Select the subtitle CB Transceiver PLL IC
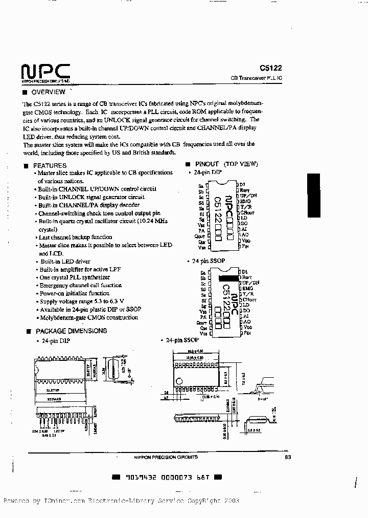pos(260,78)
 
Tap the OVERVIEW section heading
pos(48,92)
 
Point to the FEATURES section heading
pos(50,165)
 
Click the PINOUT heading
pos(207,164)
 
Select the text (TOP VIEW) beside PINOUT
pos(242,164)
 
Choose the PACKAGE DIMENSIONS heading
pos(71,331)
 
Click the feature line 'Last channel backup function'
pos(75,237)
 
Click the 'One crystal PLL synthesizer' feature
pos(74,277)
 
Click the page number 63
pos(287,457)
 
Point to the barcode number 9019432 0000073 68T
pos(167,477)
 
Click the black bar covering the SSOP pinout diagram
pos(228,277)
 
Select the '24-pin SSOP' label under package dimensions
pos(181,340)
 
